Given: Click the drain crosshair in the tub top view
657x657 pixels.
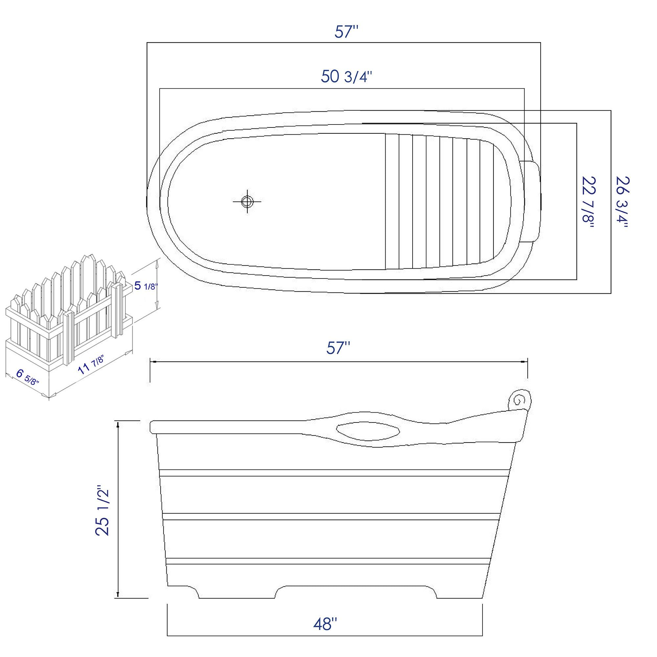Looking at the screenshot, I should (x=247, y=201).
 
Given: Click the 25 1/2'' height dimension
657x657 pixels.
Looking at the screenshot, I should (x=103, y=510).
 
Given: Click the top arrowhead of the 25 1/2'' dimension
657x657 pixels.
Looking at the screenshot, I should (x=118, y=424).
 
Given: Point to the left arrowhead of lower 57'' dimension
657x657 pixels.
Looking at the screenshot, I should (x=153, y=362).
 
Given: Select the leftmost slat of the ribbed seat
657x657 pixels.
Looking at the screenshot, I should (x=392, y=201).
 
